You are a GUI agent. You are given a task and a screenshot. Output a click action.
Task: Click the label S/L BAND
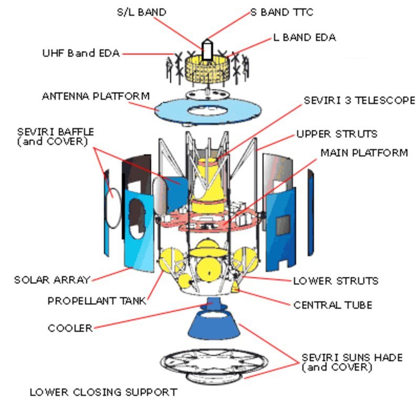click(142, 12)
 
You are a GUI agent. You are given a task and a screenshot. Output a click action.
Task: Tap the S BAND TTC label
click(282, 12)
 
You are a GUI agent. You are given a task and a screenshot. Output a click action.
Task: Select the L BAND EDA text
click(304, 37)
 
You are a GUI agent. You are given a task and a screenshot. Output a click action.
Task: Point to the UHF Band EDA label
click(81, 53)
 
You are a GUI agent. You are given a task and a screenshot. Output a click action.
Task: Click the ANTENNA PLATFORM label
click(96, 96)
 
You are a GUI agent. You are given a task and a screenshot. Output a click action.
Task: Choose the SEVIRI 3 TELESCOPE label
click(360, 100)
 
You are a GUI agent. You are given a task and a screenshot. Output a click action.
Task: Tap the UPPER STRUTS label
click(337, 134)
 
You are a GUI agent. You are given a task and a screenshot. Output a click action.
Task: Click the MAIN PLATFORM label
click(364, 153)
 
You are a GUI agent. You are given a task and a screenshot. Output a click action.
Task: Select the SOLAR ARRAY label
click(52, 280)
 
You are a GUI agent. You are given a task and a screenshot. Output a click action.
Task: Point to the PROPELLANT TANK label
click(97, 301)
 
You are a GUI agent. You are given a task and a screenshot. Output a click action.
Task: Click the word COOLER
click(70, 328)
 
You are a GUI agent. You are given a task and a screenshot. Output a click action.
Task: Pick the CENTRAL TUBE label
click(333, 305)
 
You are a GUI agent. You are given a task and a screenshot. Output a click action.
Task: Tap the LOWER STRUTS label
click(336, 281)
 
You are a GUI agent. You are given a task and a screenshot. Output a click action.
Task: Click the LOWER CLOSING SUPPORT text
click(103, 392)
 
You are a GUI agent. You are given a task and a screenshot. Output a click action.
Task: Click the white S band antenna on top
click(207, 50)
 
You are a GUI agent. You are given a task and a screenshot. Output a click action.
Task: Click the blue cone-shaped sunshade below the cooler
click(214, 325)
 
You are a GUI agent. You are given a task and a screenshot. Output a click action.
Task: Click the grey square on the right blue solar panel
click(283, 225)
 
